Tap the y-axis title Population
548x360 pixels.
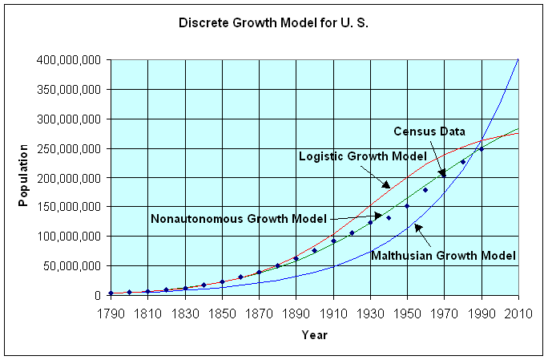(25, 176)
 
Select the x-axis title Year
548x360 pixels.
(314, 334)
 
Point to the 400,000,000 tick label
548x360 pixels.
(67, 60)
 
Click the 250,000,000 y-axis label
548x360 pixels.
(67, 148)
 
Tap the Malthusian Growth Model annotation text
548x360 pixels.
(457, 255)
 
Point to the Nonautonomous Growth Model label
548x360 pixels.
(237, 218)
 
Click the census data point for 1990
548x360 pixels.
(482, 149)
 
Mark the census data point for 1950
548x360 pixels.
(407, 206)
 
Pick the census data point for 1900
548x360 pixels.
(315, 250)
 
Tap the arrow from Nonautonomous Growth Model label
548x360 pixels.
(357, 216)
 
